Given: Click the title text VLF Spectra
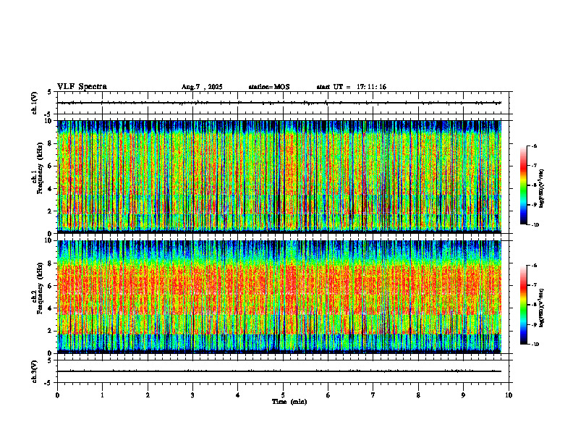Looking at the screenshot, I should point(82,87).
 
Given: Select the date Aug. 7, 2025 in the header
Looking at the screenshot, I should point(202,87).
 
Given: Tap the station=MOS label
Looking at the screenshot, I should point(268,87).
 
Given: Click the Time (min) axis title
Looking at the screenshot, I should point(289,401).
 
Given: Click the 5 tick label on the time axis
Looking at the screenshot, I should point(283,395).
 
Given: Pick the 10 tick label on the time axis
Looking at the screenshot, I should point(509,395).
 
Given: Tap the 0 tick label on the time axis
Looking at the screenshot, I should point(57,395).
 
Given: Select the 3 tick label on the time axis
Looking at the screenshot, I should point(192,395).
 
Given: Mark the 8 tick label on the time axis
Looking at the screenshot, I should point(418,395).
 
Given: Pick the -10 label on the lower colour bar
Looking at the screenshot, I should point(535,345).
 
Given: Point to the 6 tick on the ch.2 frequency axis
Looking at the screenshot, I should point(49,285).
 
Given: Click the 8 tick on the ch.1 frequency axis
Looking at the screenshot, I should point(49,143).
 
